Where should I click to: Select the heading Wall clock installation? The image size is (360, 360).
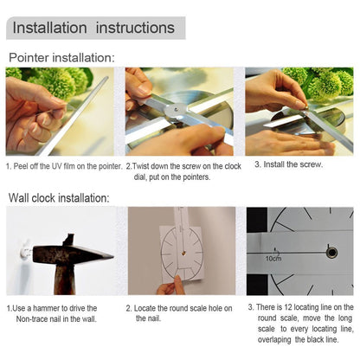pos(59,198)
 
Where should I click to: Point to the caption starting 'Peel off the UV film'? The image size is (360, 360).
pos(63,165)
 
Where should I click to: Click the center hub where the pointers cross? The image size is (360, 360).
pos(177,110)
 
